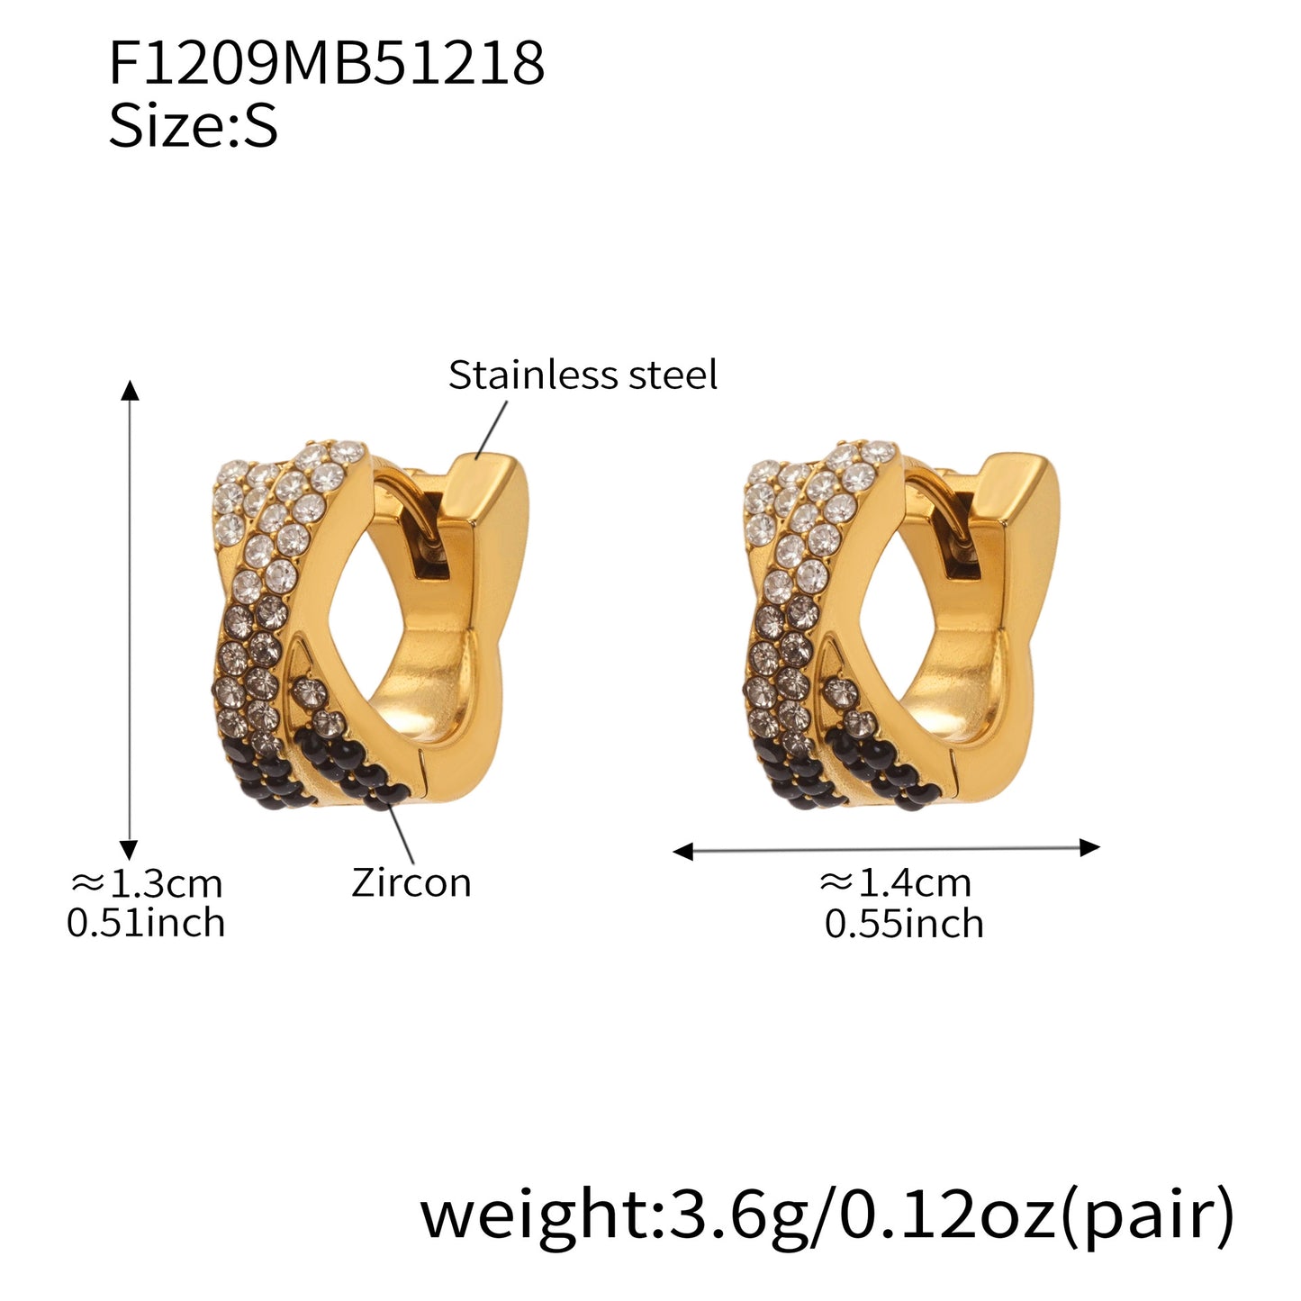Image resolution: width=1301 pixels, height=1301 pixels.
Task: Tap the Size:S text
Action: point(193,125)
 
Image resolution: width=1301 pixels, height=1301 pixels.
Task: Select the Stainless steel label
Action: point(583,375)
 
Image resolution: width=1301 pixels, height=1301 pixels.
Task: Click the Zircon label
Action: point(411,882)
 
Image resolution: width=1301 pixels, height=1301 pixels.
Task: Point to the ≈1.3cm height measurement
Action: point(147,883)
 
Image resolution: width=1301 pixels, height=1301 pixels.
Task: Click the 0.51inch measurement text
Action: point(146,924)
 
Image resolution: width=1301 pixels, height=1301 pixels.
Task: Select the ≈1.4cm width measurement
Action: point(896,883)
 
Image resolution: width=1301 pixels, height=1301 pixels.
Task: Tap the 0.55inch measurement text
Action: point(904,925)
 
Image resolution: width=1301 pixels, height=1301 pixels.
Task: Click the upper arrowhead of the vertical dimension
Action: point(131,390)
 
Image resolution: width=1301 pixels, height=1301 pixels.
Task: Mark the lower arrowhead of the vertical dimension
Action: point(130,849)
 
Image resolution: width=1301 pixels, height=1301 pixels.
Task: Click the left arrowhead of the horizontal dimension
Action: point(683,851)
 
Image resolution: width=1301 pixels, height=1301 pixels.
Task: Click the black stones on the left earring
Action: point(360,774)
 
